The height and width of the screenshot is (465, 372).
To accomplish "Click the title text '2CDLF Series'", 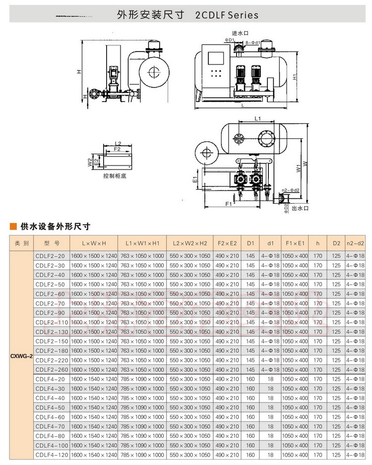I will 227,15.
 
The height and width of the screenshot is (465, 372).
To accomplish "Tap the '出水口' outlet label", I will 300,208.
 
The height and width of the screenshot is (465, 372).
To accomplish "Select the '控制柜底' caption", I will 115,175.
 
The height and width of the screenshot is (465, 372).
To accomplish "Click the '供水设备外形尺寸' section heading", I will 55,227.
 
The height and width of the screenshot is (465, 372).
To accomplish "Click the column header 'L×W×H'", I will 94,243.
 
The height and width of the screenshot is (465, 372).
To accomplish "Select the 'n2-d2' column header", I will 355,243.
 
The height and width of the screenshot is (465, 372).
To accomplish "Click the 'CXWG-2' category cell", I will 21,355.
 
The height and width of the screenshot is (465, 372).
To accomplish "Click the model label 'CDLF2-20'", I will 50,256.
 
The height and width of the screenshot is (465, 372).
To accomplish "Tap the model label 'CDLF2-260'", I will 50,370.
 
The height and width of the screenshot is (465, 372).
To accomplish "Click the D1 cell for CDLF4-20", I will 250,379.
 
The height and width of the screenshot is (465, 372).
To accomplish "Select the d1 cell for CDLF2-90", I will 270,313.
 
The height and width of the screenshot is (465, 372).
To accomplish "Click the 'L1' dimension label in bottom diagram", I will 257,119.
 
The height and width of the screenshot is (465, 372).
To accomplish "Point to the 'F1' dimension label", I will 228,204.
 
